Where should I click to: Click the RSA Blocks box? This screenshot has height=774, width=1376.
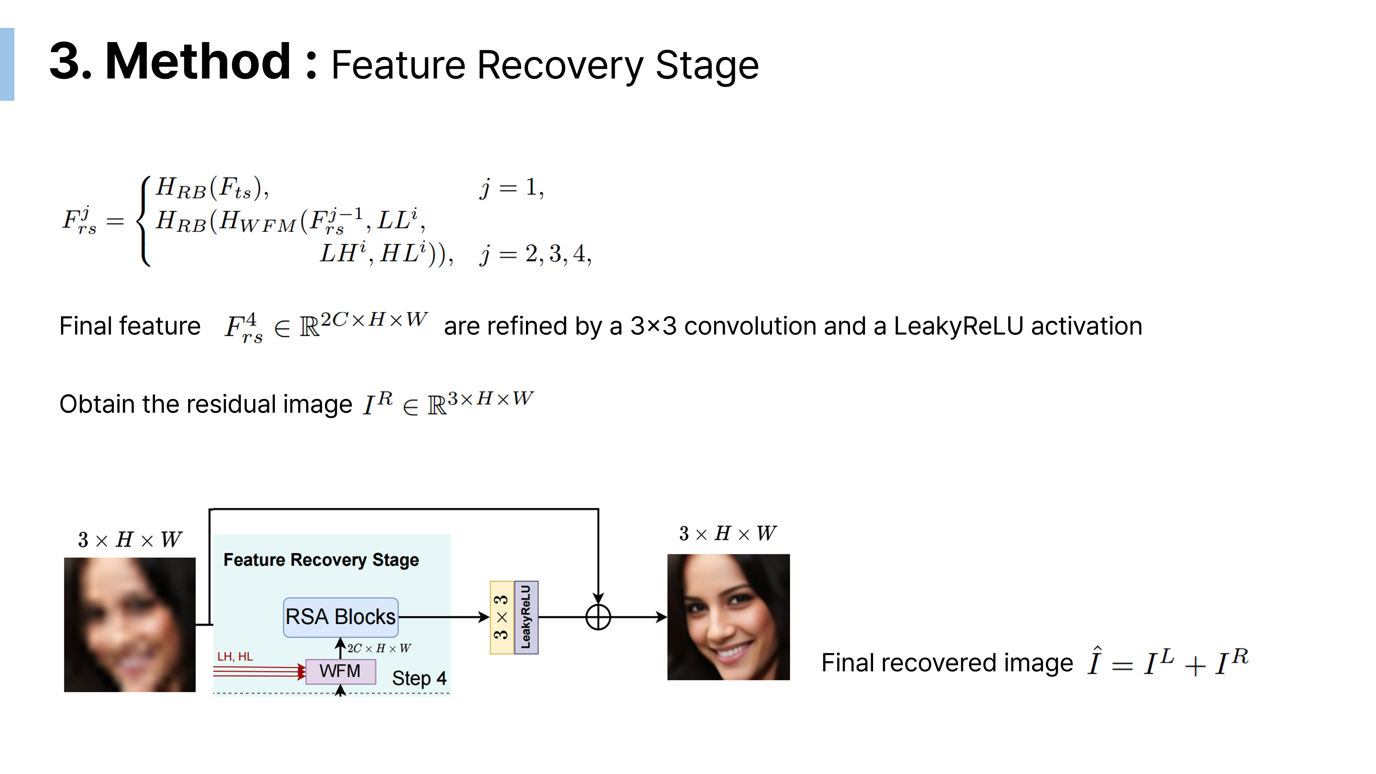tap(340, 617)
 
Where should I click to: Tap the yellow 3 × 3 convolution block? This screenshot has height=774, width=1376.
tap(502, 617)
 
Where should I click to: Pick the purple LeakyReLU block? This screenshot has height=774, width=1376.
tap(526, 617)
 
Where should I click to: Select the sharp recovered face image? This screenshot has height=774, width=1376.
tap(728, 617)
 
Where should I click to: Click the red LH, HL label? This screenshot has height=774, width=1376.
tap(235, 656)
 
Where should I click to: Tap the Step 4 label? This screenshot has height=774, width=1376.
tap(419, 678)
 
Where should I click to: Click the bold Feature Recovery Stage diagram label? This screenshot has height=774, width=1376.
tap(321, 560)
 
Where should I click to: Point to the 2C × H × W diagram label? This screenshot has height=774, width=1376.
tap(379, 648)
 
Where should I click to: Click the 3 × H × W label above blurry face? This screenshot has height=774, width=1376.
tap(130, 539)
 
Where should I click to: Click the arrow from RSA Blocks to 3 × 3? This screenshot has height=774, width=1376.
tap(443, 617)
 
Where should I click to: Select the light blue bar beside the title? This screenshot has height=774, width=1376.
tap(7, 64)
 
